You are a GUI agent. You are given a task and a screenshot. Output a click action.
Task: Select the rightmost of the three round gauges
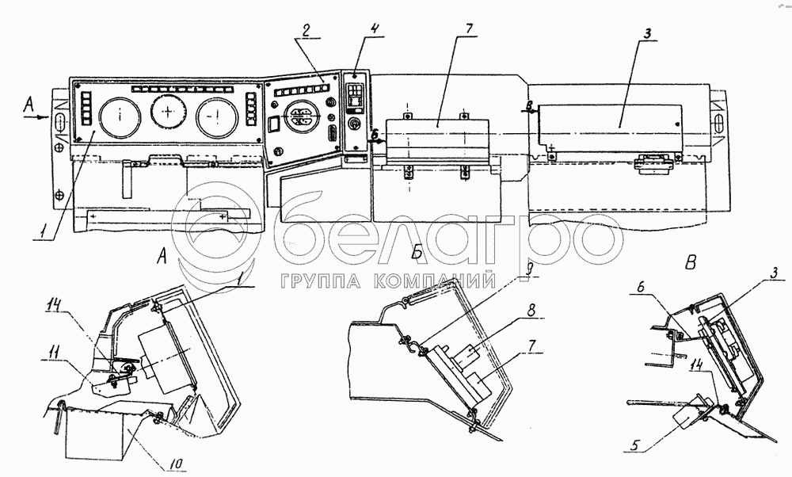(217, 117)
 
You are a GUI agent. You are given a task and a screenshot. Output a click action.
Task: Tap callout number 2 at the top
(305, 30)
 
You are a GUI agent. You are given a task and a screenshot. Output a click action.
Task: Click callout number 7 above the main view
(469, 29)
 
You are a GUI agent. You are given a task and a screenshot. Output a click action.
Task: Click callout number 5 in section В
(637, 446)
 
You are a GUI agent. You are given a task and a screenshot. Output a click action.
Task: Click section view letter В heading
(691, 262)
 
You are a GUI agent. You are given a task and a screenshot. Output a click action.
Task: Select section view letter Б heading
(417, 251)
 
